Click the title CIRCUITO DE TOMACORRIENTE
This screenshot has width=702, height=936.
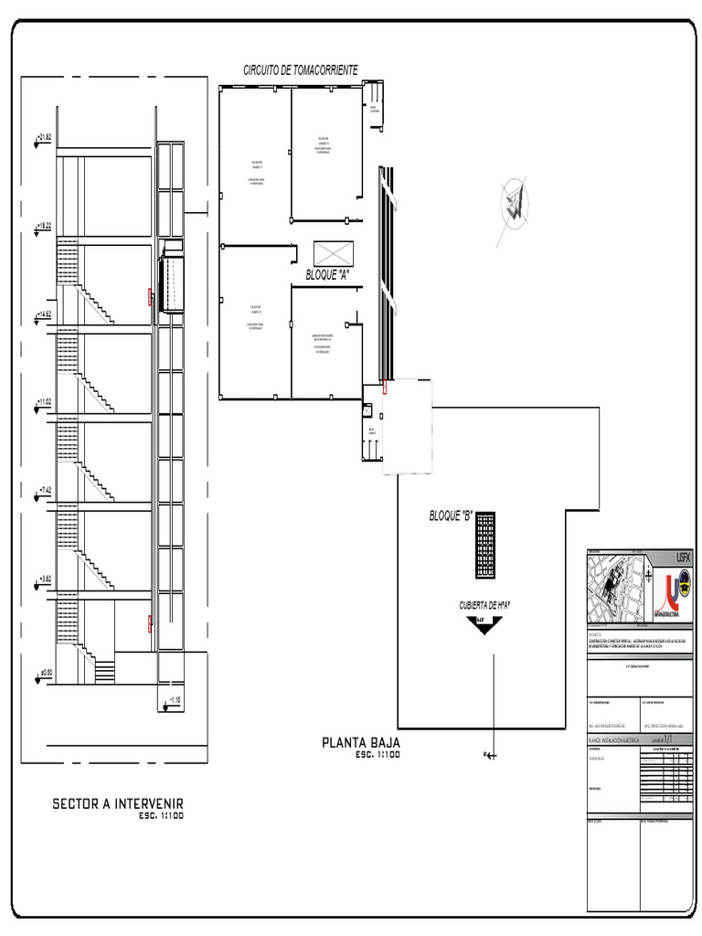pyautogui.click(x=300, y=70)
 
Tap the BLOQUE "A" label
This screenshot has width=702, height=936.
pyautogui.click(x=327, y=274)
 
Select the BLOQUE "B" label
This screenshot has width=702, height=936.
pyautogui.click(x=450, y=516)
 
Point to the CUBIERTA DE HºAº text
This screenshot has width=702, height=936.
pyautogui.click(x=484, y=605)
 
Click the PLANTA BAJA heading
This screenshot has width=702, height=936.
pyautogui.click(x=360, y=742)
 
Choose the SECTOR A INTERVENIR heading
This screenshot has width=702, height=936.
pyautogui.click(x=118, y=803)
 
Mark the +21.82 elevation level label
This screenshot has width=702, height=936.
pyautogui.click(x=44, y=137)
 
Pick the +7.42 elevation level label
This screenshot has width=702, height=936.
pyautogui.click(x=44, y=491)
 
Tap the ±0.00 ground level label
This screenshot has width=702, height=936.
pyautogui.click(x=46, y=673)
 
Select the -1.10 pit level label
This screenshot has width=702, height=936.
pyautogui.click(x=171, y=701)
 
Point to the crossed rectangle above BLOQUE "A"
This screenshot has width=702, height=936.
pyautogui.click(x=333, y=253)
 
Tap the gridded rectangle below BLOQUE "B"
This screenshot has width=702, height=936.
pyautogui.click(x=486, y=545)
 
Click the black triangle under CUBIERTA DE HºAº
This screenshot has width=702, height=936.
pyautogui.click(x=484, y=625)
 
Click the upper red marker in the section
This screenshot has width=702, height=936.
pyautogui.click(x=151, y=295)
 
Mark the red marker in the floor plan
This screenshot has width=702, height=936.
pyautogui.click(x=385, y=388)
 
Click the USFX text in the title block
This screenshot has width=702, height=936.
pyautogui.click(x=685, y=557)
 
